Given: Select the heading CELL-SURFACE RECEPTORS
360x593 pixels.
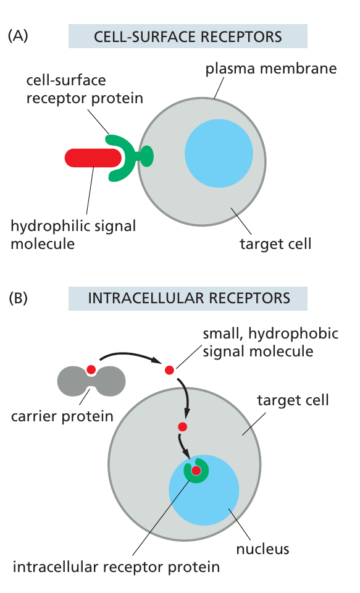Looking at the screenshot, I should (188, 36).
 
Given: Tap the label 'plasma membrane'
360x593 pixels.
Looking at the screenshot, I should (270, 68).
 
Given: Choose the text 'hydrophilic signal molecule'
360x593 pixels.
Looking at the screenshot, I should (73, 234).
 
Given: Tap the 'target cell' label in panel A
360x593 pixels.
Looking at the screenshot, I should (275, 243).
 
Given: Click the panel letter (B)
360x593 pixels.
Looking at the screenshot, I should (18, 298).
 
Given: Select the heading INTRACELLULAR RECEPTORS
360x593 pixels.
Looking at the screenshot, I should (188, 298).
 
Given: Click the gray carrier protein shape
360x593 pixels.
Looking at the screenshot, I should (91, 381).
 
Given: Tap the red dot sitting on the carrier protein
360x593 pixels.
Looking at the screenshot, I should (91, 370).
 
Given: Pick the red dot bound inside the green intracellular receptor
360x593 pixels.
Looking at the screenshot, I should (196, 472).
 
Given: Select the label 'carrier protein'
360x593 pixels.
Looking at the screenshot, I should (62, 415).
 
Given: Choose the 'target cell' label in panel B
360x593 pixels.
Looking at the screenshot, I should (293, 400).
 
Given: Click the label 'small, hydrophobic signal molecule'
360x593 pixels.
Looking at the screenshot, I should (270, 343).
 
